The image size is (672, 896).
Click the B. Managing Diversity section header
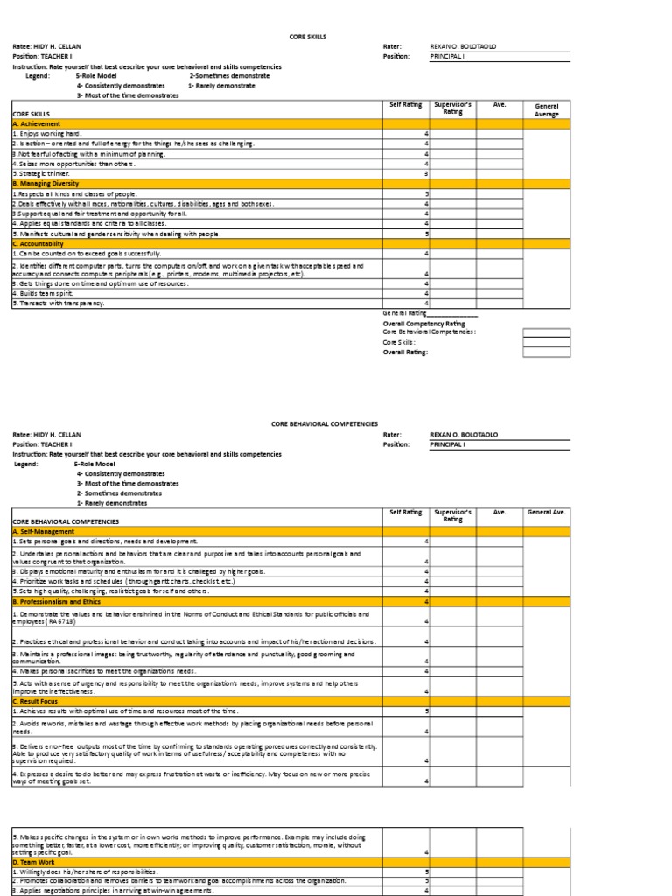click(x=46, y=184)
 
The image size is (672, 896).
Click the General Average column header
click(x=547, y=110)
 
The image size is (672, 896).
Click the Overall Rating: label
click(x=405, y=352)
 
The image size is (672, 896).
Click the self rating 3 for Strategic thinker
click(x=426, y=173)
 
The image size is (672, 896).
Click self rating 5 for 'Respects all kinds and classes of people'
click(x=426, y=193)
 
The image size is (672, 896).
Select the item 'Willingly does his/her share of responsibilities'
click(x=84, y=871)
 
